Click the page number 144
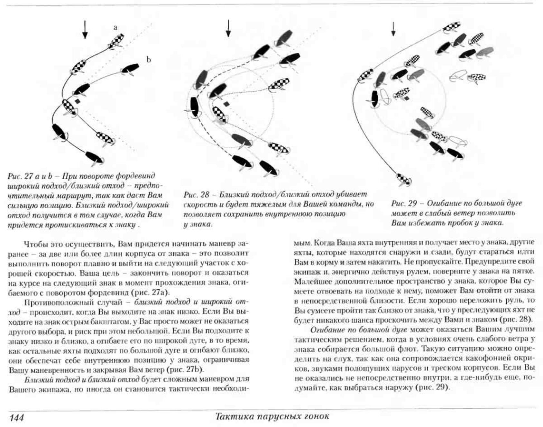click(17, 418)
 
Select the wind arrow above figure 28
click(228, 28)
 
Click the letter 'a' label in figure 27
click(115, 28)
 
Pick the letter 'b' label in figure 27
click(148, 60)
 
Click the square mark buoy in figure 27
click(77, 101)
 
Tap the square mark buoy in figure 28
click(226, 104)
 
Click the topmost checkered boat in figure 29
click(452, 27)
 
